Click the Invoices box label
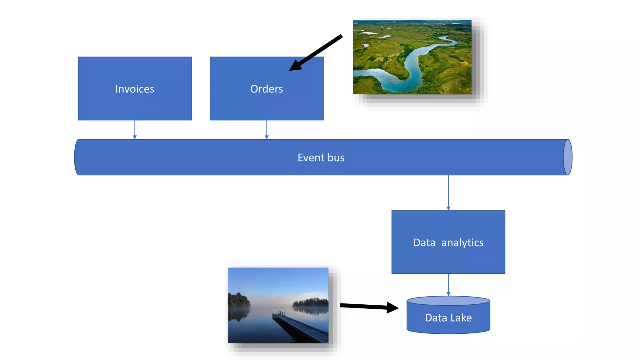(135, 89)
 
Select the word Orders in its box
(267, 89)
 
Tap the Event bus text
(321, 158)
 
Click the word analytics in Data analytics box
(462, 243)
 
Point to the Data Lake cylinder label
(448, 318)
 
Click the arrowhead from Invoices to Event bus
(135, 137)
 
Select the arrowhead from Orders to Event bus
(267, 137)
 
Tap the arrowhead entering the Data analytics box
(448, 208)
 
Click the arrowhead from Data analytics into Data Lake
(448, 294)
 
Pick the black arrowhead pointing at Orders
(295, 66)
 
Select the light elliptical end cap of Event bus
(568, 157)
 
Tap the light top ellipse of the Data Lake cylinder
(448, 301)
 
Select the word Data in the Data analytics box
(424, 243)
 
